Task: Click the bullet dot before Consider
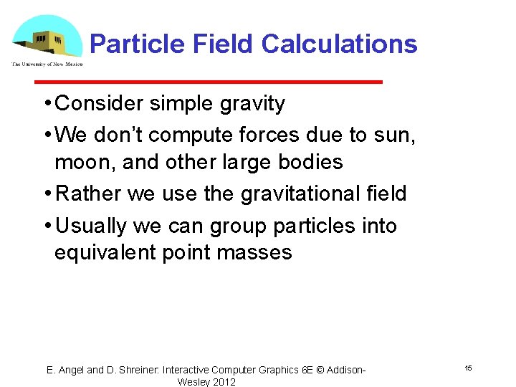(x=46, y=104)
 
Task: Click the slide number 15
(x=467, y=368)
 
